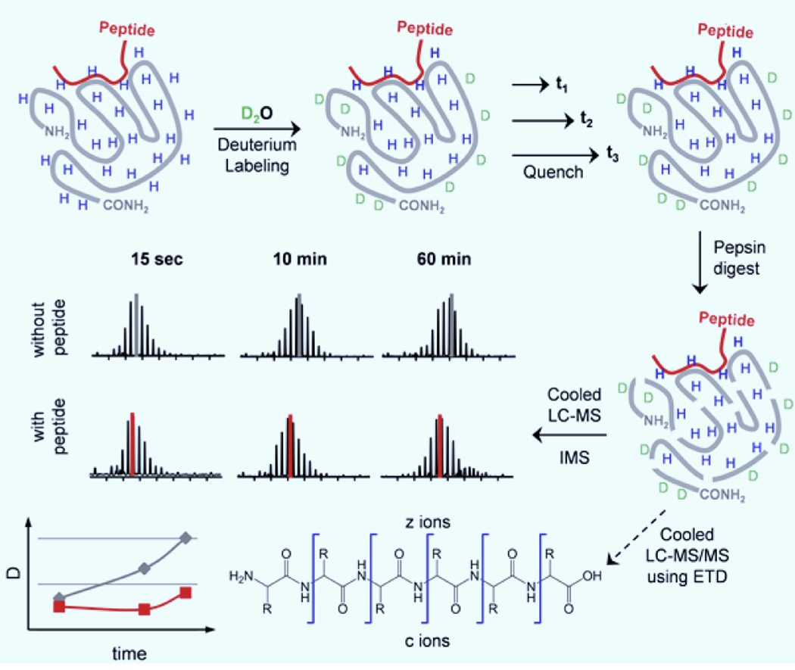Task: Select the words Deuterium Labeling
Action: pyautogui.click(x=257, y=154)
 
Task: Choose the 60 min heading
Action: pyautogui.click(x=444, y=260)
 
